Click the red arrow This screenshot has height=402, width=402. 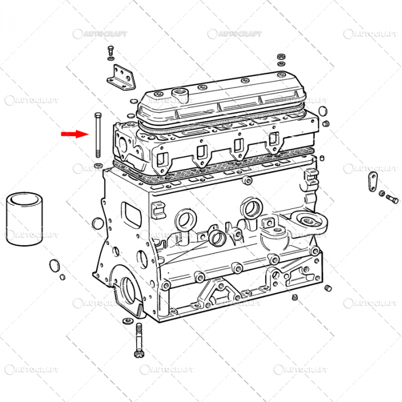74,134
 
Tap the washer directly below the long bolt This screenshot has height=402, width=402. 98,167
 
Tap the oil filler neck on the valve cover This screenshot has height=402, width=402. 183,92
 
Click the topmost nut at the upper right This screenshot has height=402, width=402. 281,57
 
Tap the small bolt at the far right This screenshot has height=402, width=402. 392,200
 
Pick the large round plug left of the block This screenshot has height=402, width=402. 55,265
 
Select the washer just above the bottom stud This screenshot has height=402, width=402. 127,320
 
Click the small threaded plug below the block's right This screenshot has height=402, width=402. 295,297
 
